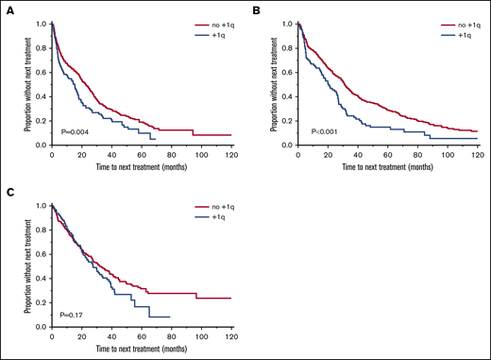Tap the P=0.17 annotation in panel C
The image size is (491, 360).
click(70, 313)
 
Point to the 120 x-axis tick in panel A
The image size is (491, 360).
click(231, 153)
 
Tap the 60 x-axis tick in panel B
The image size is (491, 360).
click(387, 153)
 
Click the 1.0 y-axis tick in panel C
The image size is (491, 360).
click(40, 205)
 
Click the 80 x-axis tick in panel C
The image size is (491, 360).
click(171, 335)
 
